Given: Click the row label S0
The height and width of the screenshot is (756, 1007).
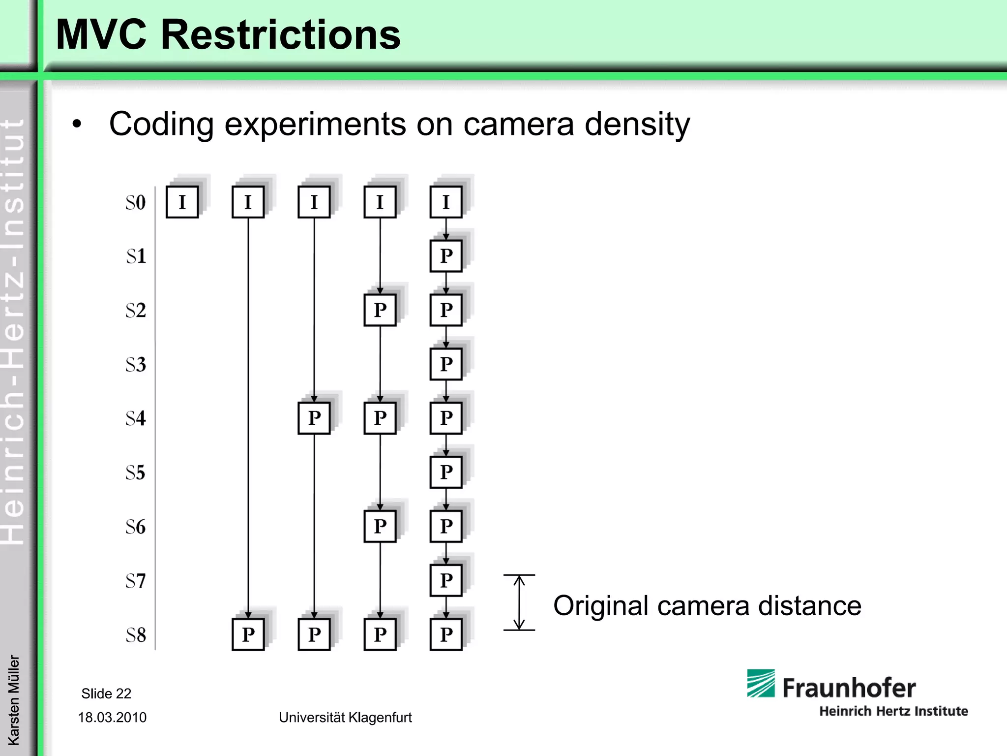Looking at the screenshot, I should tap(136, 202).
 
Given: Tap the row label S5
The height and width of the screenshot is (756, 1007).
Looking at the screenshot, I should tap(136, 472).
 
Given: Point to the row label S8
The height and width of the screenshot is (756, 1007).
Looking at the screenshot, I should tap(136, 635).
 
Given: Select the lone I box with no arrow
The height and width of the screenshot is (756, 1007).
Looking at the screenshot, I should tap(182, 202).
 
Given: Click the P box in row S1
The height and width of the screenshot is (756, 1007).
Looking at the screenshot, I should tap(446, 256).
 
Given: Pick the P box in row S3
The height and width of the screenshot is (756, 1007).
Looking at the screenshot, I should tap(446, 364).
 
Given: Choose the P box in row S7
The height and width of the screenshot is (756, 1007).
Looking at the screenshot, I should tap(446, 580).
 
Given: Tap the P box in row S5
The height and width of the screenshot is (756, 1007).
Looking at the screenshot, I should tap(446, 472).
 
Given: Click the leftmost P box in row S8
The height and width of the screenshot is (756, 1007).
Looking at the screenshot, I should tap(248, 634).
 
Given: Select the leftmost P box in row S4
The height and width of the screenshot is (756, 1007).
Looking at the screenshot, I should tap(314, 418).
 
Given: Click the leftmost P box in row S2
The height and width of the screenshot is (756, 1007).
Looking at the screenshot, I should tap(380, 310).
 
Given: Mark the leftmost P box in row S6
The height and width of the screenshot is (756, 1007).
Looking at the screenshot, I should tap(380, 526).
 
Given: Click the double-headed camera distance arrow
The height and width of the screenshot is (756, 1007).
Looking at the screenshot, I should tap(519, 602).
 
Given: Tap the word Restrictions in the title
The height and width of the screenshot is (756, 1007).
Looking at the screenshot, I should tap(280, 34).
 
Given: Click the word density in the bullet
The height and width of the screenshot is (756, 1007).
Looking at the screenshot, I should tap(637, 124).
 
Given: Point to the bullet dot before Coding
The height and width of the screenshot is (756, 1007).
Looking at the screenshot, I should tap(77, 124).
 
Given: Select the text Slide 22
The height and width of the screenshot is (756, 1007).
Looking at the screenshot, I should tap(106, 693).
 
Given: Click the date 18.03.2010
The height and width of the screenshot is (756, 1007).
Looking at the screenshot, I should tap(112, 717).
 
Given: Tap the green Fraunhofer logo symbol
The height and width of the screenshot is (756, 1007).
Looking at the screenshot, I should tap(761, 683).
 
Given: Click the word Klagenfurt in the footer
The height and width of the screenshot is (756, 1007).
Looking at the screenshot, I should tap(380, 717).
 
